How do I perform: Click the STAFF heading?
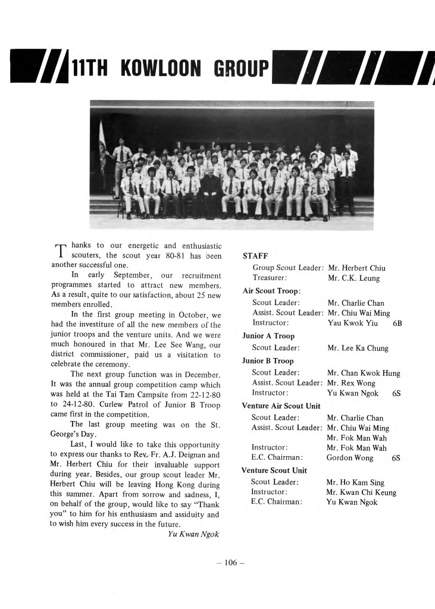tap(255, 256)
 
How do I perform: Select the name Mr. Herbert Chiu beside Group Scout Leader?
tap(356, 268)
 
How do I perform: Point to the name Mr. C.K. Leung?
tap(353, 278)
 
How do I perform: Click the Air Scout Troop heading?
tap(271, 291)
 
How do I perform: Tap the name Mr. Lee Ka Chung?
tap(358, 349)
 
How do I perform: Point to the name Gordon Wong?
tap(350, 458)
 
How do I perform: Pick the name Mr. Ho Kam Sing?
tap(355, 482)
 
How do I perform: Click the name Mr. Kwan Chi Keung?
tap(361, 492)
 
